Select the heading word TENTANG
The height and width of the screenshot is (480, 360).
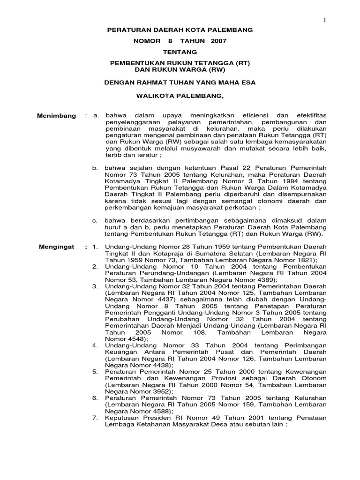180,52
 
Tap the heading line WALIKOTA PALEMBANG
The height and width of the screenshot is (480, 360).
180,96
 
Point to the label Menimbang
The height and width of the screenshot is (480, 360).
57,116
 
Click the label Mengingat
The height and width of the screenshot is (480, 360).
57,247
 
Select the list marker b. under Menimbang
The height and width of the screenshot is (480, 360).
95,168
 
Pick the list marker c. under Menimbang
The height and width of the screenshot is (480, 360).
95,220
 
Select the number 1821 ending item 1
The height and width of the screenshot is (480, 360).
305,260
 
